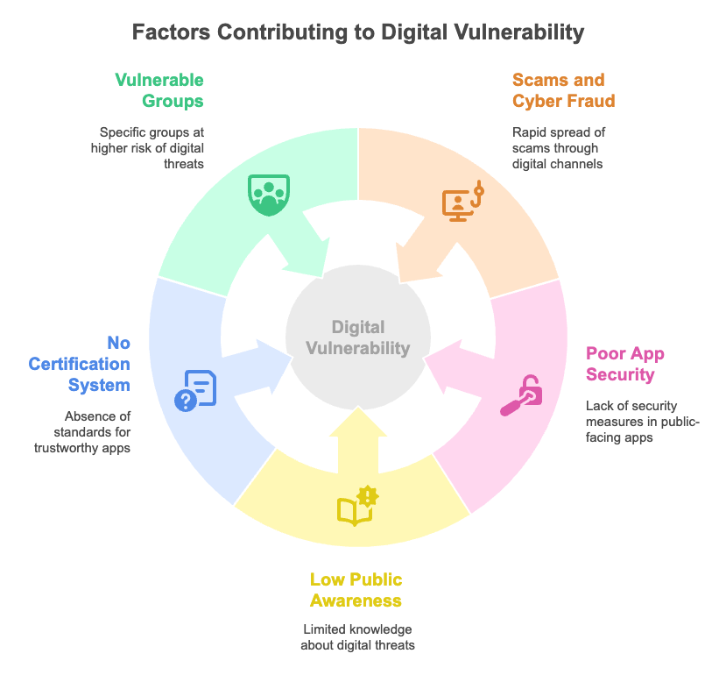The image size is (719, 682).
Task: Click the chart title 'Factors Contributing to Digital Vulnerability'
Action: tap(358, 33)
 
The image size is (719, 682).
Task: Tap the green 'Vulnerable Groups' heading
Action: tap(159, 90)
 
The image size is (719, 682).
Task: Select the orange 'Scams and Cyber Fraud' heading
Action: tap(563, 90)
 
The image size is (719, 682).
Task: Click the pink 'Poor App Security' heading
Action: tap(625, 364)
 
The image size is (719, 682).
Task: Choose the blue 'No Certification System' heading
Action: tap(80, 363)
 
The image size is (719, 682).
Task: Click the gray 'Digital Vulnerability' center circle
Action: tap(358, 337)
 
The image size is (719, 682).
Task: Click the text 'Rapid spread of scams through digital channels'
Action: tap(559, 147)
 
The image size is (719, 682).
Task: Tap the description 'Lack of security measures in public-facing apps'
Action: tap(643, 421)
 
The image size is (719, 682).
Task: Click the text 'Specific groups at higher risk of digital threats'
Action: tap(147, 147)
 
